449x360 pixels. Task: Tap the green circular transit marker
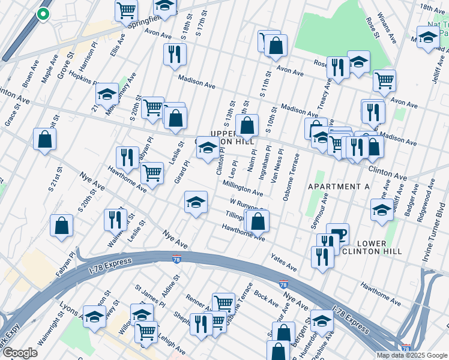pos(43,14)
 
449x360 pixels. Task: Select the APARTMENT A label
pos(338,187)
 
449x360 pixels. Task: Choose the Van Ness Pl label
pos(277,167)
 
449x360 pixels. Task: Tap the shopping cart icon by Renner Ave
pos(223,302)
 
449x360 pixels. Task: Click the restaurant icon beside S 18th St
pos(175,53)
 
